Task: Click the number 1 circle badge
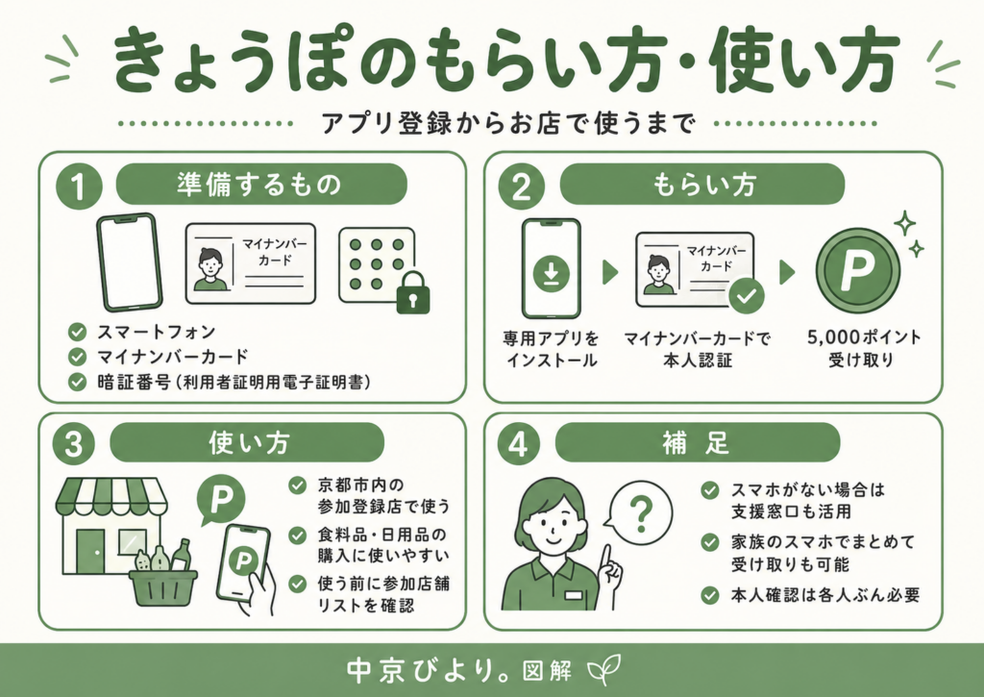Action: (x=79, y=187)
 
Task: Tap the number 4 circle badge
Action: (x=518, y=444)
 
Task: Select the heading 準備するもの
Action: (x=258, y=185)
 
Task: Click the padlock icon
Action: (x=413, y=292)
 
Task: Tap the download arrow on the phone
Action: (x=551, y=274)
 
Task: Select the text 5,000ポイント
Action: (x=864, y=337)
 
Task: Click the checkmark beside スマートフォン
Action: (x=77, y=332)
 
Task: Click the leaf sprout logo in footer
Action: (x=604, y=669)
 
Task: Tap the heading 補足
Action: (x=696, y=443)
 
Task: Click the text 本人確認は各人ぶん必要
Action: (x=824, y=595)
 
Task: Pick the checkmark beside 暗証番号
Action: (x=77, y=382)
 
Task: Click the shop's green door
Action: (x=90, y=551)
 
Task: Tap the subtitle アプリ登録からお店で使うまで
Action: (x=509, y=123)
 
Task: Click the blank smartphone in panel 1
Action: (x=130, y=261)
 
